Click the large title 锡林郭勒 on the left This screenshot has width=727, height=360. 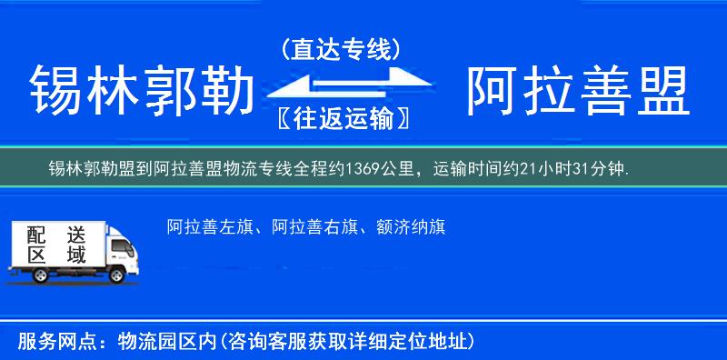[141, 91]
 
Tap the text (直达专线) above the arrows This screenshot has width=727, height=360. [340, 49]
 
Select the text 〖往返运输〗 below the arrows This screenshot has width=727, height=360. [340, 118]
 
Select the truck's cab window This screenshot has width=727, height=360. [115, 244]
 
